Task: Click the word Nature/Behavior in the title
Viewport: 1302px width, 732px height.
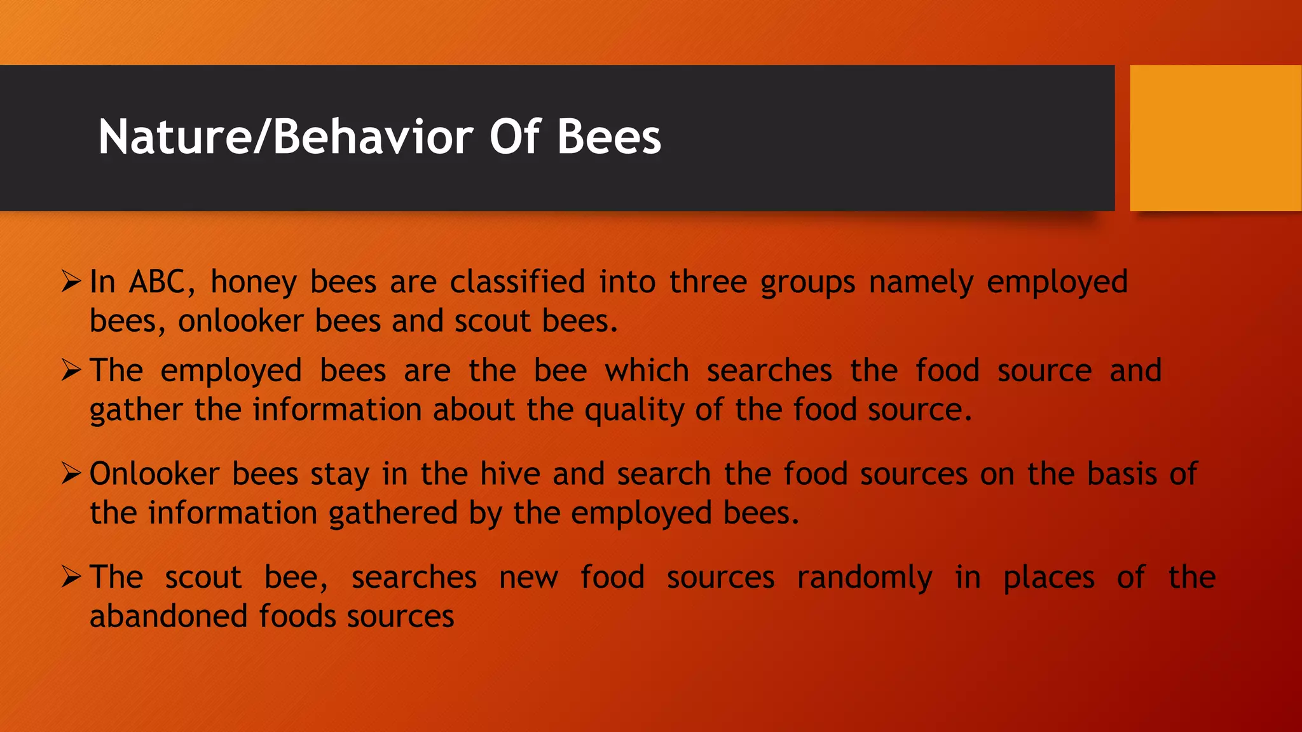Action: pyautogui.click(x=286, y=137)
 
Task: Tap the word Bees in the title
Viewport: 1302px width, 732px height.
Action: pyautogui.click(x=609, y=137)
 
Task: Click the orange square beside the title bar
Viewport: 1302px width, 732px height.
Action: pyautogui.click(x=1216, y=138)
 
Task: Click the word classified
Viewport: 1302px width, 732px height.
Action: pyautogui.click(x=517, y=281)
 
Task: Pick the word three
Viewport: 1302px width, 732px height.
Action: pyautogui.click(x=708, y=281)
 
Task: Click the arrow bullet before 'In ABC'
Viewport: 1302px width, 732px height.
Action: pyautogui.click(x=71, y=281)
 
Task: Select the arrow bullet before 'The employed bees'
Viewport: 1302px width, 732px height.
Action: pyautogui.click(x=71, y=370)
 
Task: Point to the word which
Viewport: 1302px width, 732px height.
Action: pyautogui.click(x=647, y=370)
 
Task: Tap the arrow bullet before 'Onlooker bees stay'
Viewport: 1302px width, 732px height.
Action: pyautogui.click(x=71, y=473)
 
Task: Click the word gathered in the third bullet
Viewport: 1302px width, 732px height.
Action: pyautogui.click(x=393, y=513)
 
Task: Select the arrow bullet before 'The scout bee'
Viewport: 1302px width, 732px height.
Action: pyautogui.click(x=71, y=577)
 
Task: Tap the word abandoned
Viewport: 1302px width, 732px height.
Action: pyautogui.click(x=168, y=616)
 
